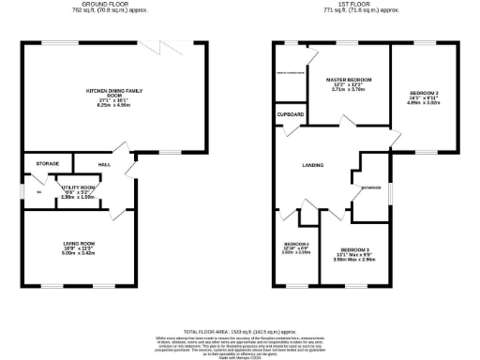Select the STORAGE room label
48,163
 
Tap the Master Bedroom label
349,81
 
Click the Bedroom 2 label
425,94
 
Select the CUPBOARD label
291,114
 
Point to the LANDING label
313,164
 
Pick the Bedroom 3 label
350,247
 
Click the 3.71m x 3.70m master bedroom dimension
349,92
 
